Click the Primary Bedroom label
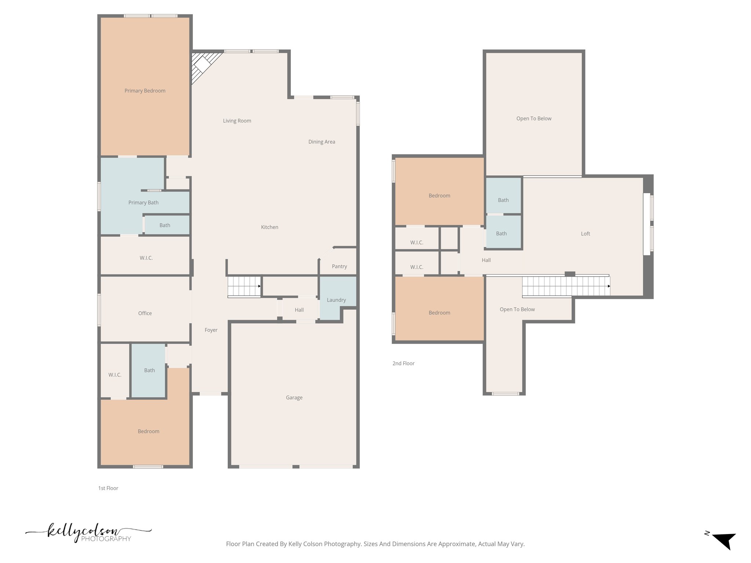coord(145,91)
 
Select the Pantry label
coord(339,266)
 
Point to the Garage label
coord(294,398)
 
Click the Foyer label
coord(211,330)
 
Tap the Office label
coord(145,313)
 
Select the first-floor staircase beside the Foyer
coord(244,286)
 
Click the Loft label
coord(586,234)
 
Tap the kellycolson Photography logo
coord(88,533)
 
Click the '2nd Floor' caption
coord(403,364)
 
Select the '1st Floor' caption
coord(108,488)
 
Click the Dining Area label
coord(322,142)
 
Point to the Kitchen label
coord(270,227)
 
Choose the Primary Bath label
coord(143,203)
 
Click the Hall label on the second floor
coord(486,260)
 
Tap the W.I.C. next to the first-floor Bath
coord(115,375)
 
